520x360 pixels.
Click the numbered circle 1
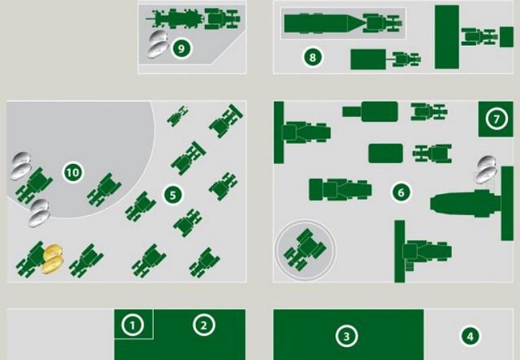133,325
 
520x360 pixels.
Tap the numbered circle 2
204,325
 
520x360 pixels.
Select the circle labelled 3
346,337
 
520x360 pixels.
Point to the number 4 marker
470,337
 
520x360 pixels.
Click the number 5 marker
173,195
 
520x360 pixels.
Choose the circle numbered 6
401,192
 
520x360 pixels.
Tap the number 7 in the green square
496,119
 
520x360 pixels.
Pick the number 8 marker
312,58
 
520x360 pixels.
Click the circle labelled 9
181,48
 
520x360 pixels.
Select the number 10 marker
73,172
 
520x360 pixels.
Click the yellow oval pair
52,258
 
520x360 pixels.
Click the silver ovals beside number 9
158,44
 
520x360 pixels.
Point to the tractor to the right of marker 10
104,190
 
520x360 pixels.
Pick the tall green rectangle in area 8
446,37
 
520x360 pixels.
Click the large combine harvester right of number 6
472,203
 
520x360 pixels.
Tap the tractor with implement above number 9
193,19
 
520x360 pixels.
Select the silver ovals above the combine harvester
486,170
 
